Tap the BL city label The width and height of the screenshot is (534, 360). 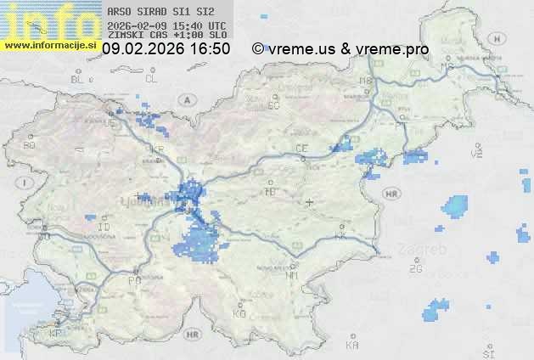click(x=79, y=79)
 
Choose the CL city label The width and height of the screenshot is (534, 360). click(x=151, y=79)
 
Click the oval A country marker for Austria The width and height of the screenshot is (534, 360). click(x=184, y=99)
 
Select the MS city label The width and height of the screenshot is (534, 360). click(x=445, y=66)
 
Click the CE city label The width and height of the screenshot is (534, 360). click(x=301, y=148)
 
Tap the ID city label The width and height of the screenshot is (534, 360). click(x=104, y=228)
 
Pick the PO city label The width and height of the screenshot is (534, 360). click(x=133, y=279)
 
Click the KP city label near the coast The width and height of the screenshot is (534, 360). click(x=56, y=334)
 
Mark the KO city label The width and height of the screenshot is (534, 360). click(x=239, y=313)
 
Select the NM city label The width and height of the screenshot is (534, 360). click(x=293, y=275)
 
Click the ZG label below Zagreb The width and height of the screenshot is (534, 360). click(x=415, y=269)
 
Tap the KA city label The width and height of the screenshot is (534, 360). click(x=353, y=346)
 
